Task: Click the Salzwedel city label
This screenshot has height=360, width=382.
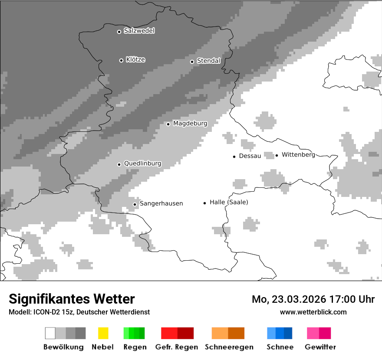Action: (139, 31)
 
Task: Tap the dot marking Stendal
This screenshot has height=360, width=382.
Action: (192, 62)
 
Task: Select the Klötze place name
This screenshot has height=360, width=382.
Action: (135, 60)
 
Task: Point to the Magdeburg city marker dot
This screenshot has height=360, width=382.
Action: (168, 124)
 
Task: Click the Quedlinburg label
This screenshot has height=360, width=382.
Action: (142, 164)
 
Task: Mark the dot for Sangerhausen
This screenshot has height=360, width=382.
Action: (135, 204)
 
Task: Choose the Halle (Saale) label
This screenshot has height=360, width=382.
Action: (229, 202)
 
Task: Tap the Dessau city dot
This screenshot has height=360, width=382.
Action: (234, 157)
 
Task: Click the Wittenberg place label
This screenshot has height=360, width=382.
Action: (298, 155)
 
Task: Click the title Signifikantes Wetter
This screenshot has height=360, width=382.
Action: (72, 299)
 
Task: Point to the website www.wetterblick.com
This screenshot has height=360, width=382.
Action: (313, 312)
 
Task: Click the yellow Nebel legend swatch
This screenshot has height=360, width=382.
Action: (103, 333)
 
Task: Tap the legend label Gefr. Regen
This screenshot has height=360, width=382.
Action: (177, 347)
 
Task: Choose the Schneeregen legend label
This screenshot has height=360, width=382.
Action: (229, 347)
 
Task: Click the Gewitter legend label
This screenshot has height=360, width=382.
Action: (320, 347)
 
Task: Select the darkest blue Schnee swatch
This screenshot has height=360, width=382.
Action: (288, 333)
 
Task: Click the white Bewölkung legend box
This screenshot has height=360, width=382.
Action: (50, 333)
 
